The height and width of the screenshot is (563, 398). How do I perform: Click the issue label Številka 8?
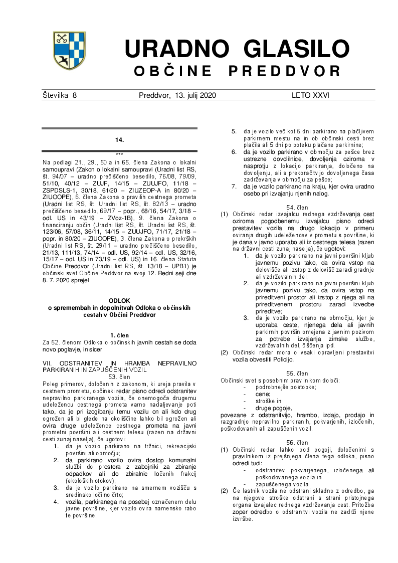(60, 95)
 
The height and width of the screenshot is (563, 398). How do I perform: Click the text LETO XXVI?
(310, 95)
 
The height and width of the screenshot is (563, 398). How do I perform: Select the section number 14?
(119, 140)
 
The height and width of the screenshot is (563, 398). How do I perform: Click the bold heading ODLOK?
(119, 301)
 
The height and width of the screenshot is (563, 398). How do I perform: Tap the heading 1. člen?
(119, 334)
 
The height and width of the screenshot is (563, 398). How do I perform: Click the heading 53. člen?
(119, 377)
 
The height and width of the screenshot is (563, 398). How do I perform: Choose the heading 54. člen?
(297, 207)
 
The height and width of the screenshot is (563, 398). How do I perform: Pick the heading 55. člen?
(297, 373)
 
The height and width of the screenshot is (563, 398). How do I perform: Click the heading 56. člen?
(297, 443)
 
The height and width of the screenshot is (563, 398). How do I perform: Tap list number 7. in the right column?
(234, 187)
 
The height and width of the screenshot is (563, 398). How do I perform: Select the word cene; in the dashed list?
(263, 395)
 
